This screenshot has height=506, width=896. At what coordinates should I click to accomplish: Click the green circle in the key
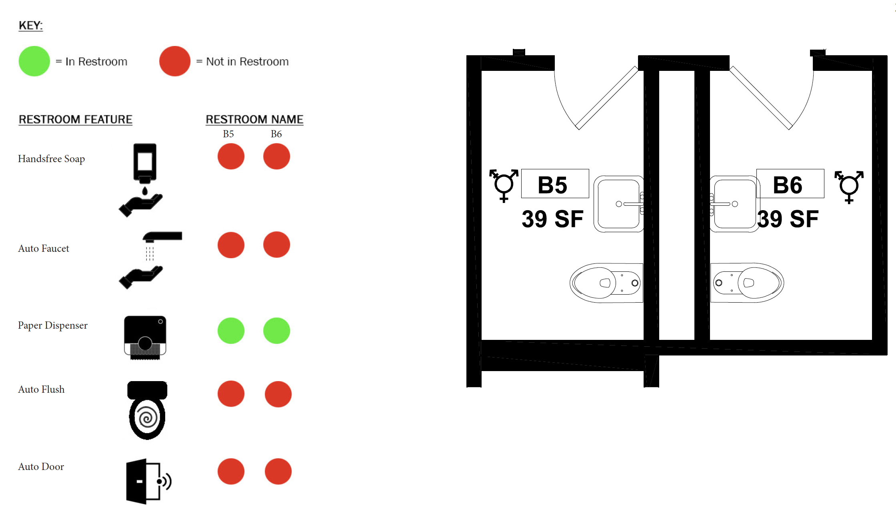click(x=34, y=61)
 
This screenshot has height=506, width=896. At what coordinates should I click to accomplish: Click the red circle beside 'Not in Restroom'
click(x=175, y=61)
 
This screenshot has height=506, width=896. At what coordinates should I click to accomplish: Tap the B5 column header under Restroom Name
click(x=228, y=134)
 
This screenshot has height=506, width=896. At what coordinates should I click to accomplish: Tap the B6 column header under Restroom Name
click(x=276, y=134)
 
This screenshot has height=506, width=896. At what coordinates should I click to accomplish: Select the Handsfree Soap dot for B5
click(x=231, y=156)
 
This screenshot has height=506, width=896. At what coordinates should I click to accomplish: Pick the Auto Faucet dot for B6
click(x=276, y=245)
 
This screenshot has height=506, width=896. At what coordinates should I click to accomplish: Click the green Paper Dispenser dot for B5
click(x=231, y=331)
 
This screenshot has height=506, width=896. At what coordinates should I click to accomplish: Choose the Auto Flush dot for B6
click(x=278, y=394)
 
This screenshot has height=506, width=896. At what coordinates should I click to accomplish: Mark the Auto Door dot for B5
click(x=231, y=472)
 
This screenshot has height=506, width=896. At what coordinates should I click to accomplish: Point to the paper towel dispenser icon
click(x=145, y=338)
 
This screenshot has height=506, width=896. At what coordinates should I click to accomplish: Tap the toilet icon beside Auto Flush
click(x=147, y=410)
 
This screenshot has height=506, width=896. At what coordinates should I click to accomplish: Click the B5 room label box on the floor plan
click(x=555, y=184)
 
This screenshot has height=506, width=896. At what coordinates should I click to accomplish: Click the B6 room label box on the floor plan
click(x=790, y=184)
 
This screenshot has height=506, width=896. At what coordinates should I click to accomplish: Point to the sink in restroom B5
click(x=619, y=204)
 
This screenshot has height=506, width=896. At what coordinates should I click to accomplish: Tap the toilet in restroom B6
click(x=747, y=283)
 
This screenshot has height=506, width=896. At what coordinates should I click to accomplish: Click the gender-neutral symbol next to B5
click(x=504, y=185)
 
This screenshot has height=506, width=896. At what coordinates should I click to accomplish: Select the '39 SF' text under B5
click(x=552, y=219)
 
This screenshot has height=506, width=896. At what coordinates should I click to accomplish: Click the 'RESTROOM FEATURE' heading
click(x=76, y=119)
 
